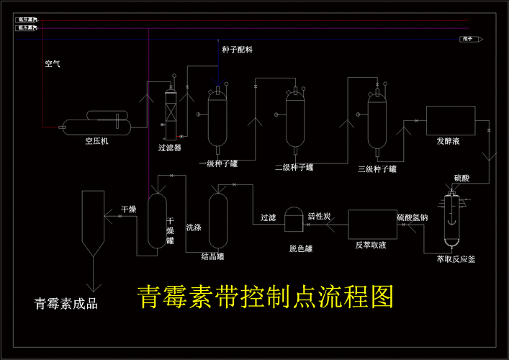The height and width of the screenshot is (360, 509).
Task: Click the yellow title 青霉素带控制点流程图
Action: [x=266, y=296]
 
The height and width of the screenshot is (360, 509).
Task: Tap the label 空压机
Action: [x=96, y=141]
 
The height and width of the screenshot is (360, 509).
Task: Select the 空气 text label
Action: [x=53, y=64]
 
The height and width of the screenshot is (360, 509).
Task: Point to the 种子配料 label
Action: [x=237, y=50]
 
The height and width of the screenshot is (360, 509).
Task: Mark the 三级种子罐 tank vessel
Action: [x=377, y=122]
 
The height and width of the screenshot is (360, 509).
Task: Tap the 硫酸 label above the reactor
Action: [x=461, y=178]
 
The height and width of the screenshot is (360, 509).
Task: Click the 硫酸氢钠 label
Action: [x=413, y=217]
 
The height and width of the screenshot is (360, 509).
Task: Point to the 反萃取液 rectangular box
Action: [x=371, y=225]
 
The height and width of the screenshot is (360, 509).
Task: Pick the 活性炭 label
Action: [x=319, y=216]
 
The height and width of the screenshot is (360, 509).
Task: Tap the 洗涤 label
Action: [x=194, y=227]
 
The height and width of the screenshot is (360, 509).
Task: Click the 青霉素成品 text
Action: [x=66, y=303]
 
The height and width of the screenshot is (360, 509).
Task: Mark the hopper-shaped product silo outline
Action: [x=91, y=223]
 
